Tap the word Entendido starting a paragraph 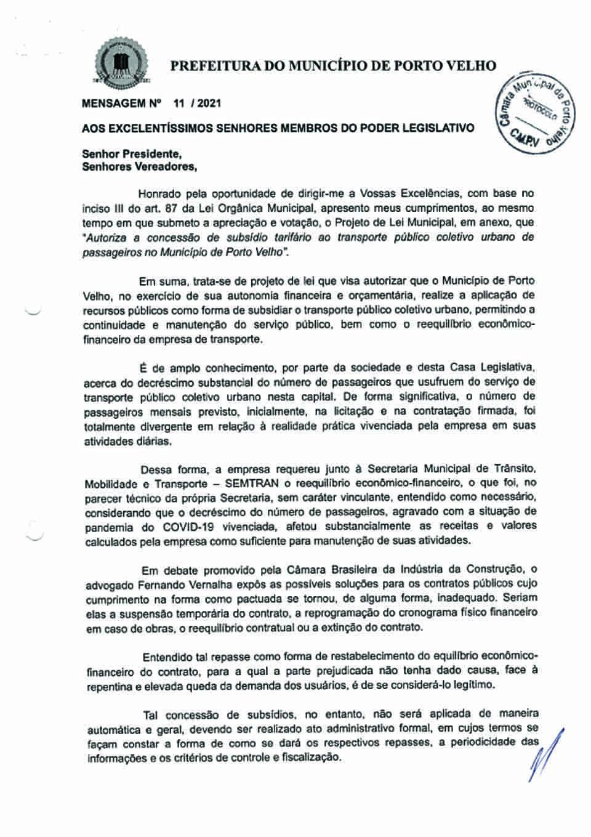[x=166, y=656]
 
